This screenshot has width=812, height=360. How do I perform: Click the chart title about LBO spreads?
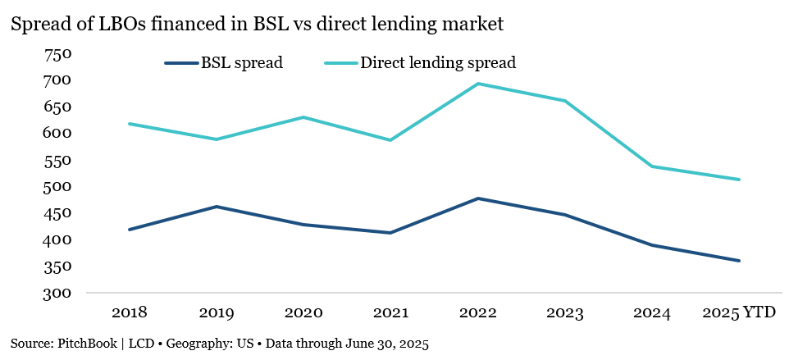click(256, 24)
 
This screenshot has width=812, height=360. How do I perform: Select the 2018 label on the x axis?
click(130, 312)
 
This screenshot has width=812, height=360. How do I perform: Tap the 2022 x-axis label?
click(478, 312)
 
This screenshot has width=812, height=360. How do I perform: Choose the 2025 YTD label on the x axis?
click(740, 312)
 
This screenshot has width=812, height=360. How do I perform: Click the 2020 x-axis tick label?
click(303, 312)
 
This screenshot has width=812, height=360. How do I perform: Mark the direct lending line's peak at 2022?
click(478, 84)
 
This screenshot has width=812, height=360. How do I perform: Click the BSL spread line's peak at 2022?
click(478, 198)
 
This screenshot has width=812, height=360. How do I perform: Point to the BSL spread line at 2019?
click(217, 207)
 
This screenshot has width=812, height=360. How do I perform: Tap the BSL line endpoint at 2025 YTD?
click(740, 261)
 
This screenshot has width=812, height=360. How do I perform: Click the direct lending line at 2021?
click(391, 140)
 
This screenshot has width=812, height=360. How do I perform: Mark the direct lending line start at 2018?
click(130, 124)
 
